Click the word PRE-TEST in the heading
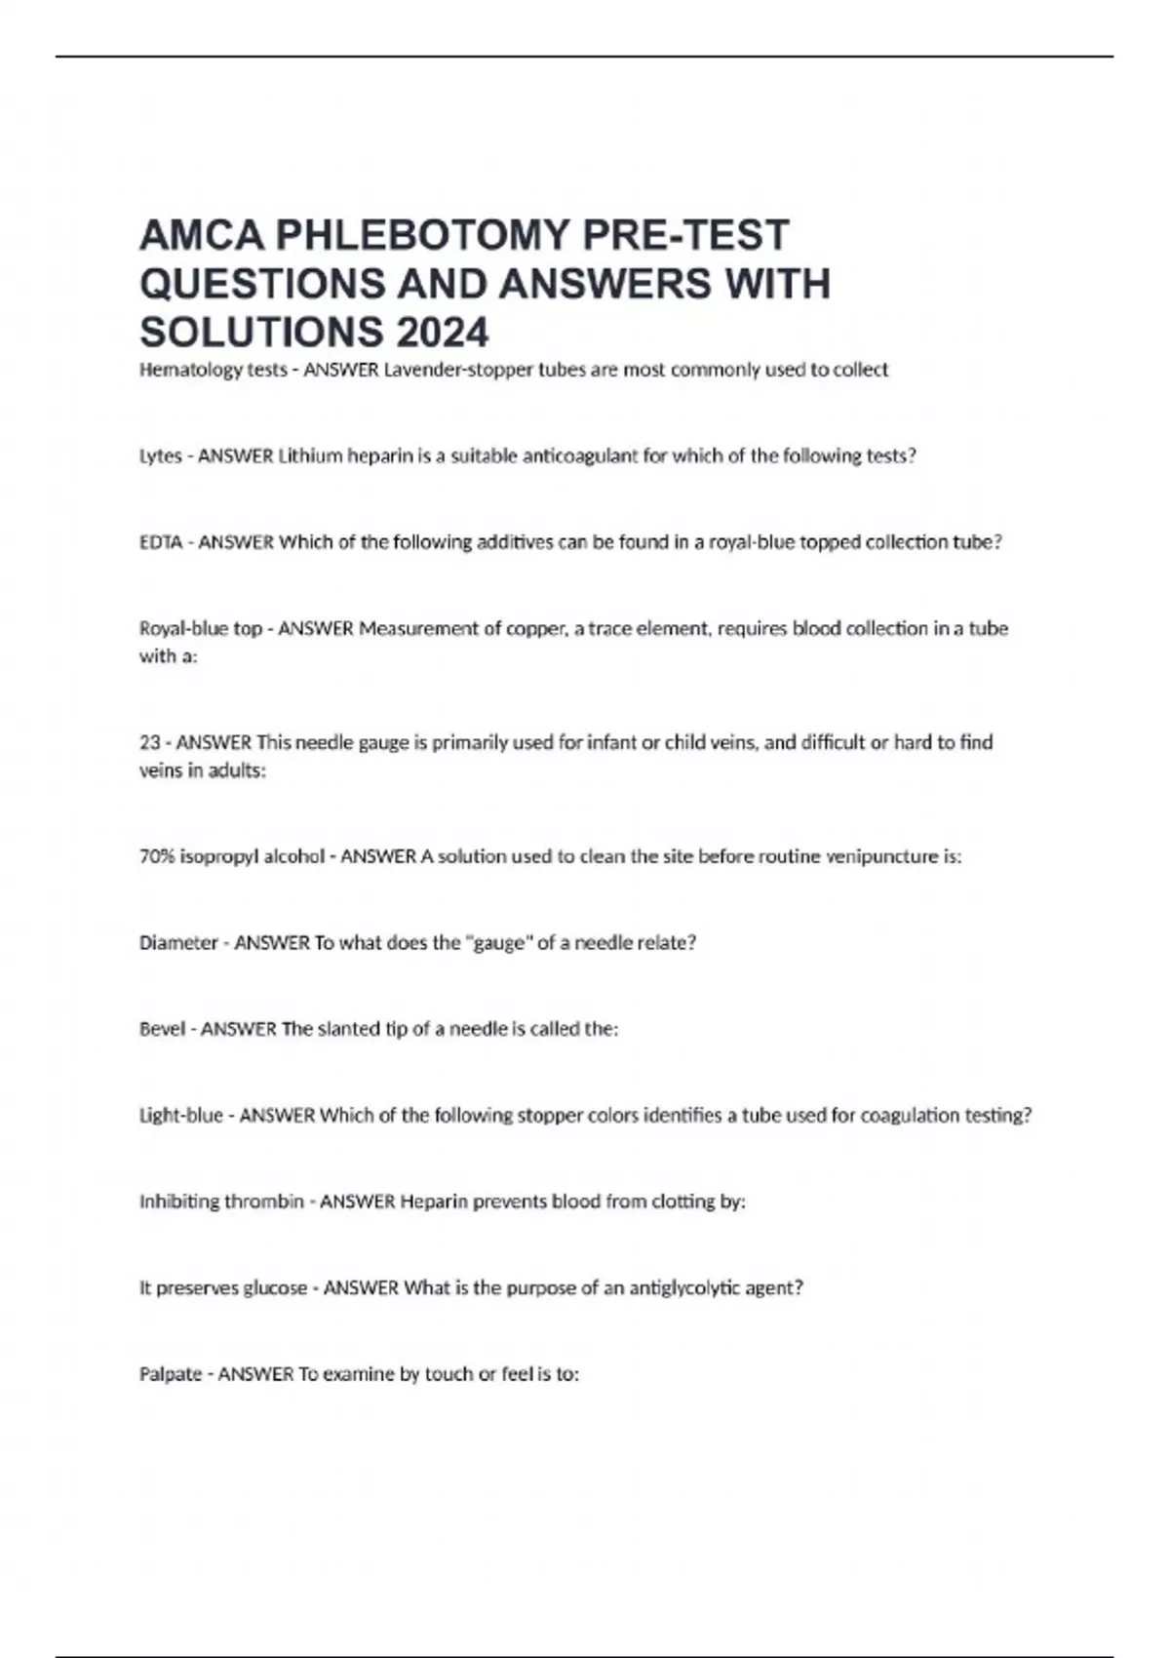coord(683,236)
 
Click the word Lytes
coord(160,455)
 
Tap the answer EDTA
coord(161,542)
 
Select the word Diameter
coord(178,943)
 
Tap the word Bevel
coord(162,1029)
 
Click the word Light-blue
coord(181,1116)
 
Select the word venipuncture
coord(881,857)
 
